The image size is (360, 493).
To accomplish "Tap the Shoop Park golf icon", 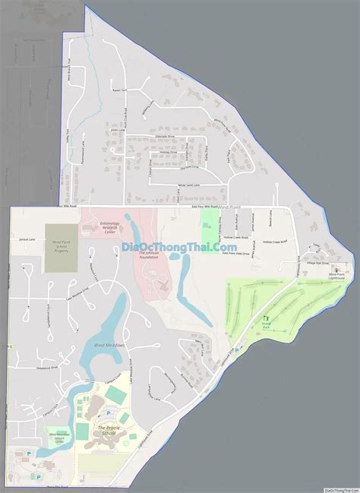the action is point(266,318).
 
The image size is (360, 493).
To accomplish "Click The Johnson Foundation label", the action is point(149,255).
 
